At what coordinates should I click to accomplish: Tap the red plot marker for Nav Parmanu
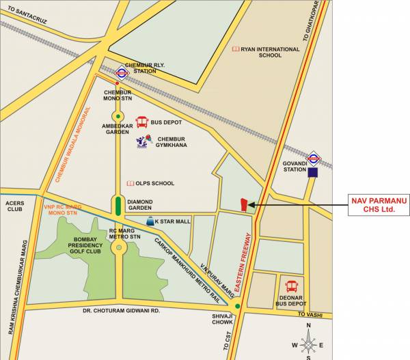pyautogui.click(x=243, y=204)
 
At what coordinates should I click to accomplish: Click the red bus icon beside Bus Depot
pyautogui.click(x=142, y=122)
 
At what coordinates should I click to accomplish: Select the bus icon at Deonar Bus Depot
pyautogui.click(x=292, y=286)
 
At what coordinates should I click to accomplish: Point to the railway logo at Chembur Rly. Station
pyautogui.click(x=121, y=70)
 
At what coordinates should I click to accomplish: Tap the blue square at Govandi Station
pyautogui.click(x=312, y=173)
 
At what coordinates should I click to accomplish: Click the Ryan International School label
pyautogui.click(x=266, y=53)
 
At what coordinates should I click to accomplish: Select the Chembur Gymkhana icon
pyautogui.click(x=142, y=142)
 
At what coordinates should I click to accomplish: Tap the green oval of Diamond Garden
pyautogui.click(x=118, y=205)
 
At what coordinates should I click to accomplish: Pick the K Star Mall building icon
pyautogui.click(x=149, y=222)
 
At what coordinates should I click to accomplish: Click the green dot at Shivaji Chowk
pyautogui.click(x=237, y=308)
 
